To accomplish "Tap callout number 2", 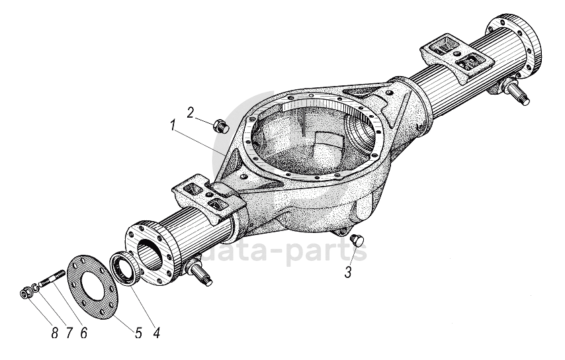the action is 190,112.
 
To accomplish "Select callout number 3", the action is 348,271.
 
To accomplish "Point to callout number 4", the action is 155,333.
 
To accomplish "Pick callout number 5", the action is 138,333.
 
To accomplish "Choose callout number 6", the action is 83,333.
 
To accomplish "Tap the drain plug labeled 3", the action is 360,240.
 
